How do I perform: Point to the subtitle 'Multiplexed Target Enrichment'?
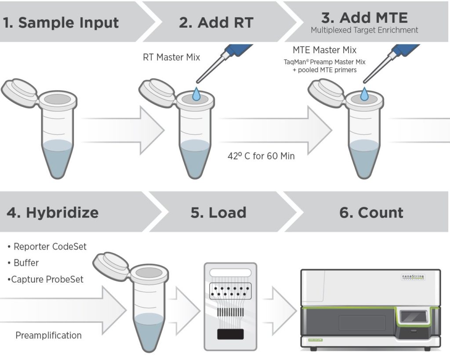364,30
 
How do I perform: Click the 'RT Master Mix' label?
171,57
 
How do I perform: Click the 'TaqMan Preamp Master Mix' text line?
324,62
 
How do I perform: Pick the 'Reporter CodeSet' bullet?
47,247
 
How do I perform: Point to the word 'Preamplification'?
48,335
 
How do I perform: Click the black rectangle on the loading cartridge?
230,334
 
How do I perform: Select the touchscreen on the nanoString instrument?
414,317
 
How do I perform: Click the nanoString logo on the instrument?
413,276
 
